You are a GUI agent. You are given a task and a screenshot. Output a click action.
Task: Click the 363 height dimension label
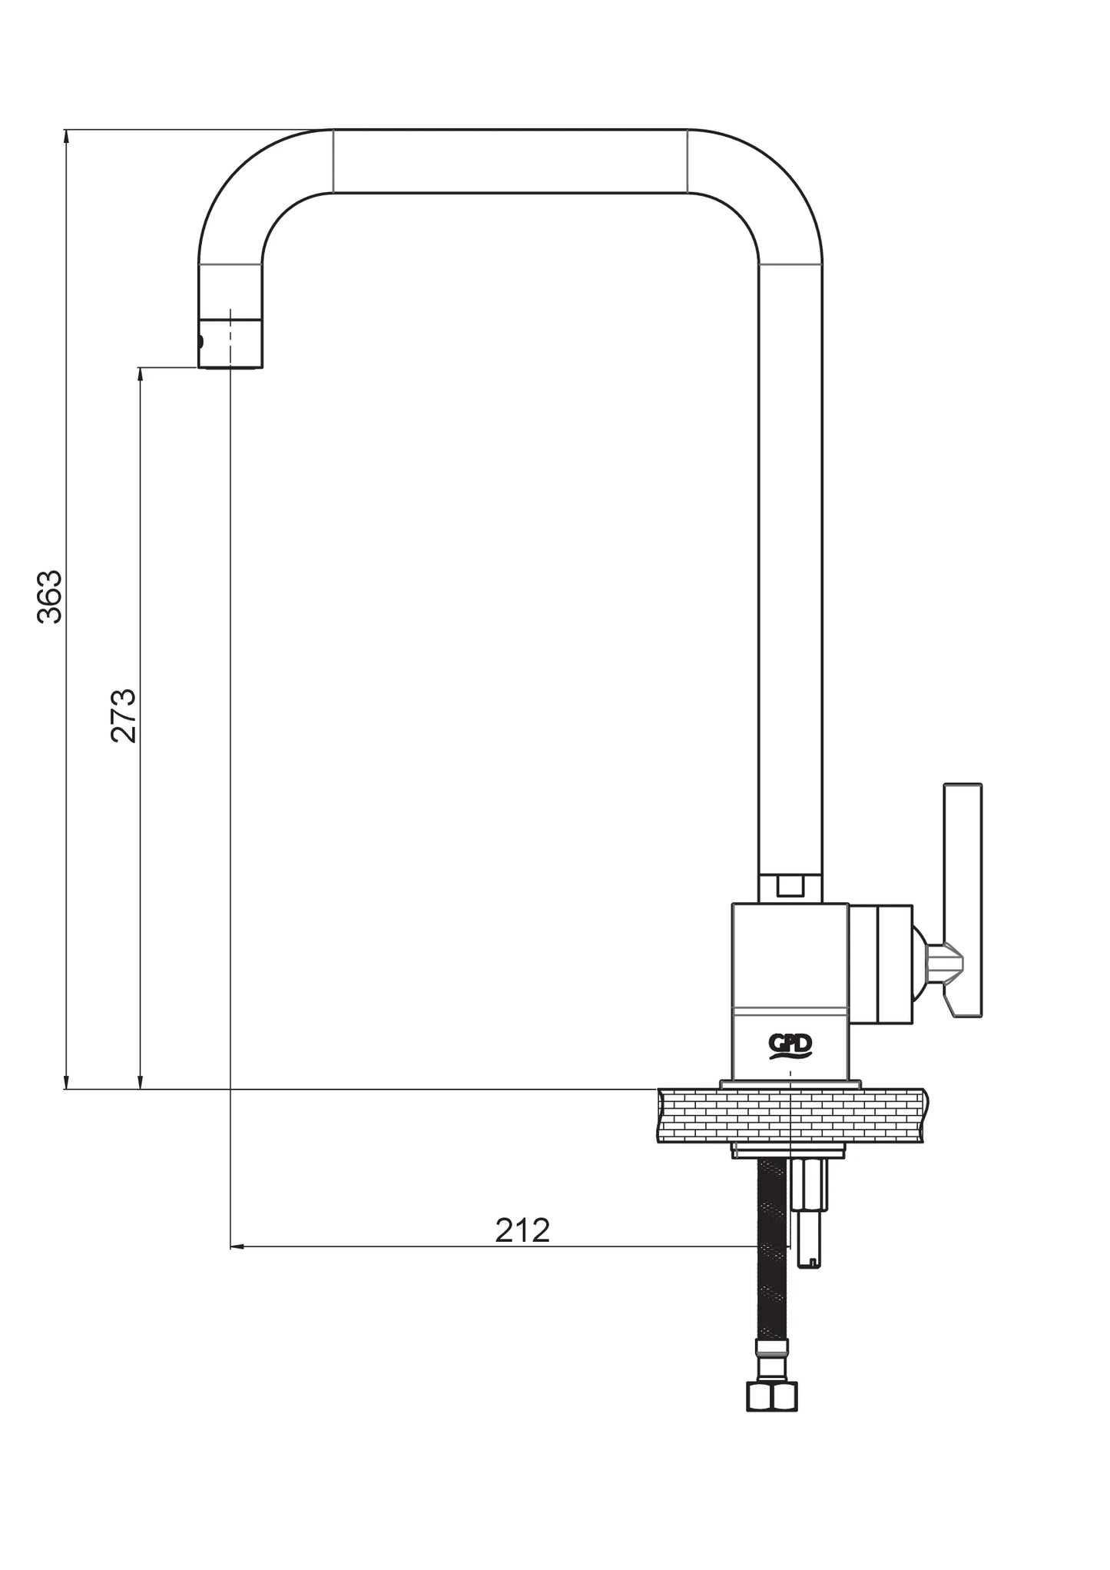click(x=50, y=596)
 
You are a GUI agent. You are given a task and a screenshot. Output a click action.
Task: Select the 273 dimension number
click(x=124, y=715)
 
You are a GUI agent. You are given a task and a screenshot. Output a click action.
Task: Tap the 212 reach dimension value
click(x=522, y=1230)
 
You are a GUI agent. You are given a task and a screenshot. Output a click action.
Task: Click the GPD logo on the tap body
click(x=790, y=1047)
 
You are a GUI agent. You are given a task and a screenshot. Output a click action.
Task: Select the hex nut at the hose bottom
click(x=772, y=1396)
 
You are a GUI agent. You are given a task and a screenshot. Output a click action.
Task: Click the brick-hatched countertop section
click(x=790, y=1115)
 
